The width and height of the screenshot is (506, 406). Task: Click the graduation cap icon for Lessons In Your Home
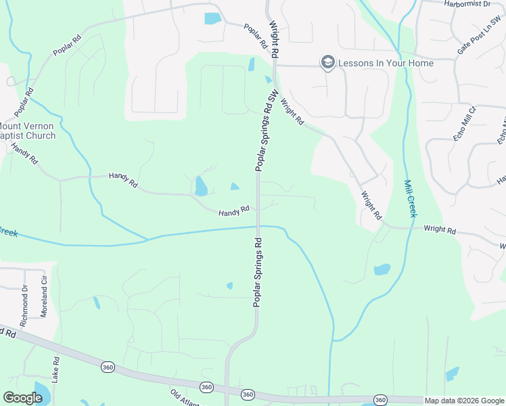click(328, 63)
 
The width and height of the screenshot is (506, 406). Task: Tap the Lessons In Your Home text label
click(386, 63)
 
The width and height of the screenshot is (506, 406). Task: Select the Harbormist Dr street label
click(467, 4)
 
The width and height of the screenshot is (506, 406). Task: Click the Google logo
click(22, 398)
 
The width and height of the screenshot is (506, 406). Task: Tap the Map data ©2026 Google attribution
click(464, 401)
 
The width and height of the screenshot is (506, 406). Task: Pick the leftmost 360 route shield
click(107, 367)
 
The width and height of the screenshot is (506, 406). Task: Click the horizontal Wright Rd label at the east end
click(440, 230)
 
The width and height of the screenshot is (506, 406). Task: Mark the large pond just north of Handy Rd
click(201, 186)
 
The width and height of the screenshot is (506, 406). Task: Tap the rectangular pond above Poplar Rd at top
click(212, 18)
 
